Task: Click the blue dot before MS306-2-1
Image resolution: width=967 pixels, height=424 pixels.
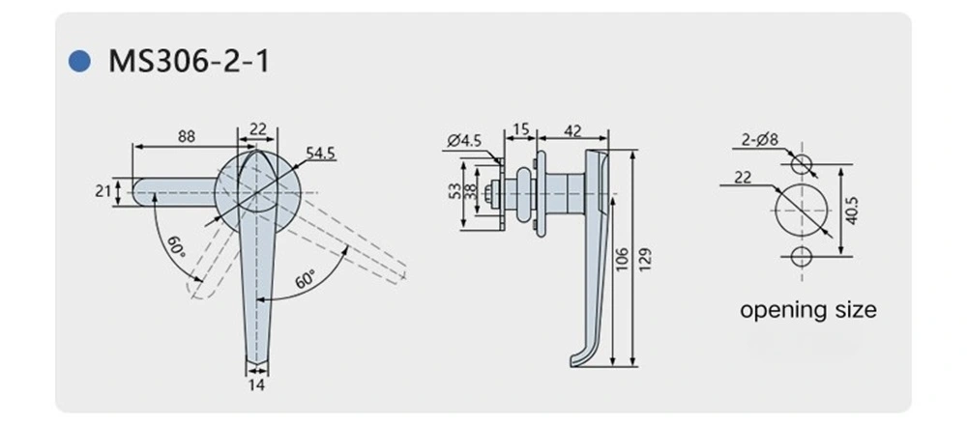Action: coord(78,63)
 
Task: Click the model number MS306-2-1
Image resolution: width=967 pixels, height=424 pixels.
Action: coord(189,63)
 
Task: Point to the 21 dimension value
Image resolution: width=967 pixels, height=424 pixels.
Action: coord(103,191)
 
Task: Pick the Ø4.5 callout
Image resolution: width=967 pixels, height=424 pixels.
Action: coord(464,141)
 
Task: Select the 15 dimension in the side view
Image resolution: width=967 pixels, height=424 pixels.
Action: coord(520,129)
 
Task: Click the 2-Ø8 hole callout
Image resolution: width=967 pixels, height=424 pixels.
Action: coord(760,141)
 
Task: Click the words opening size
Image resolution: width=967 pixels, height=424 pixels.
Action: coord(807,310)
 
